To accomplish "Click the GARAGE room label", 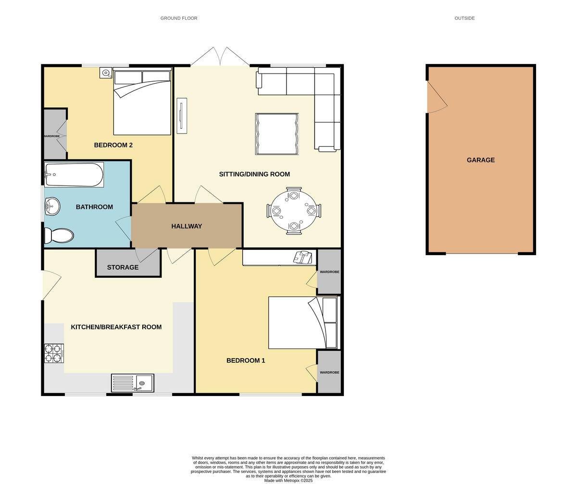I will tap(480, 160).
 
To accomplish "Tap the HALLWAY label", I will tap(187, 226).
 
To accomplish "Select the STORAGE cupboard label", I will tap(123, 268).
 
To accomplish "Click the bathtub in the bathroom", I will tap(74, 174).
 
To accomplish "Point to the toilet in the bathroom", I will tap(59, 236).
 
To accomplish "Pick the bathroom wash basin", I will tap(52, 207).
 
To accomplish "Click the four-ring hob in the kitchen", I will tap(54, 353).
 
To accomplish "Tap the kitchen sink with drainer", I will tap(133, 383).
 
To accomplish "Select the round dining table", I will tap(294, 211).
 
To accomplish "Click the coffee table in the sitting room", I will tap(277, 134).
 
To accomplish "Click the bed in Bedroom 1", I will tap(303, 323).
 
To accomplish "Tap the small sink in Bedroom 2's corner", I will tap(106, 73).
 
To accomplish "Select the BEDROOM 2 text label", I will tap(113, 145).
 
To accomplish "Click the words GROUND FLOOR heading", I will tap(179, 18).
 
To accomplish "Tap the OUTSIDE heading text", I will tap(464, 18).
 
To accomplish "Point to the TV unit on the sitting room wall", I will tap(182, 116).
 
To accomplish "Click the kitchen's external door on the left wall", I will tap(51, 285).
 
